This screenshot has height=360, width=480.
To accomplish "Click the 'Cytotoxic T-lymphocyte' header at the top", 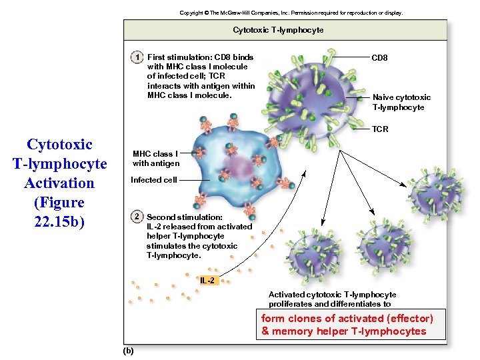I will click(x=278, y=30).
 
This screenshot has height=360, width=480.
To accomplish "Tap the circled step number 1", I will click(x=136, y=57).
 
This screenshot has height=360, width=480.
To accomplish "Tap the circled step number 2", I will click(x=136, y=217).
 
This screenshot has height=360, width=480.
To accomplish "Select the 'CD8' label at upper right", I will click(x=379, y=58).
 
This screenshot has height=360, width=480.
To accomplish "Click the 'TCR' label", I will click(x=380, y=129).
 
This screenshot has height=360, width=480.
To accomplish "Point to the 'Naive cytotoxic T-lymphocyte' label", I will click(x=401, y=102).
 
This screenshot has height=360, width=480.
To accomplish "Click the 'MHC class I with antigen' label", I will click(x=155, y=159).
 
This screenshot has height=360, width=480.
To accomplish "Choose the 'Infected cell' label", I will click(x=154, y=180).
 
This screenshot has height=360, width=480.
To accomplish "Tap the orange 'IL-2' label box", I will click(x=207, y=280).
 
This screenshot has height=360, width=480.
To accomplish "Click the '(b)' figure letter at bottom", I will click(x=128, y=351).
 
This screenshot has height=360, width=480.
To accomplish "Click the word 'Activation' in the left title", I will click(x=59, y=183).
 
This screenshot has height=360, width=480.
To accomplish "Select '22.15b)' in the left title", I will click(x=59, y=221).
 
